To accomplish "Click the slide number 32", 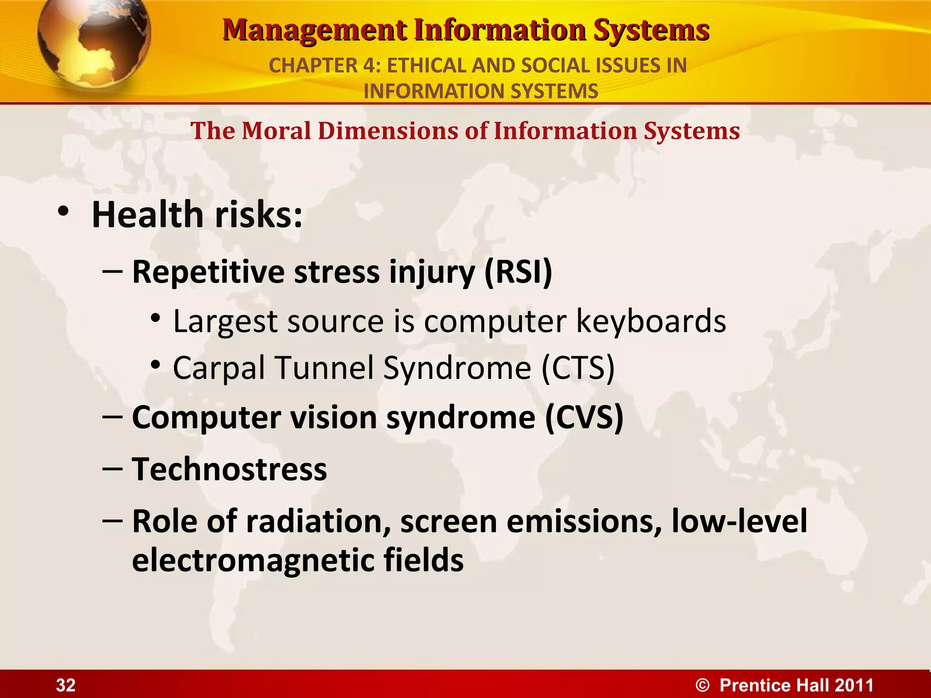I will (x=65, y=685).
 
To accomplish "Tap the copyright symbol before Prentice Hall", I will (x=702, y=685).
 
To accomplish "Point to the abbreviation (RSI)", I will (x=518, y=272).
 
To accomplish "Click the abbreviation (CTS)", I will (x=578, y=368).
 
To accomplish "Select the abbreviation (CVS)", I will (x=584, y=417).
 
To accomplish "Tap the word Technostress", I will (x=229, y=469).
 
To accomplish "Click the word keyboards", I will (x=651, y=322).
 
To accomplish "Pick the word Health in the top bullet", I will (x=147, y=214).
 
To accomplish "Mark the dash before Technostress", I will (x=112, y=468).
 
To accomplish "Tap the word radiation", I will (x=319, y=521).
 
